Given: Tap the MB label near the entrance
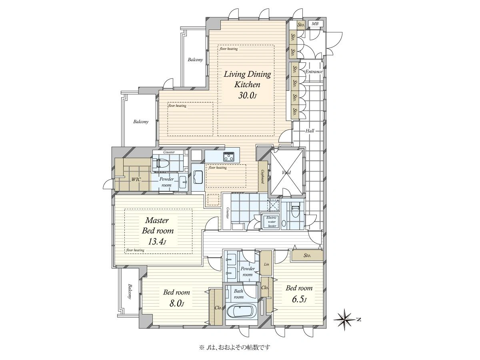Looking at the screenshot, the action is point(315,24).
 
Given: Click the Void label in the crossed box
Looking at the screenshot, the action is point(286,172).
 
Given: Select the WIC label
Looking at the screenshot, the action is point(136,180).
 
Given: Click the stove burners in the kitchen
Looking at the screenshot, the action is point(229,156).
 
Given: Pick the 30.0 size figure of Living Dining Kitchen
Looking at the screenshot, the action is point(247,96).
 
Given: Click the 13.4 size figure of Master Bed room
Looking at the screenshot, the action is point(157,241).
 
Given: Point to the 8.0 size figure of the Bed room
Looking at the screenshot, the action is point(176,303).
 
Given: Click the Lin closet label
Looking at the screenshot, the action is point(266,264).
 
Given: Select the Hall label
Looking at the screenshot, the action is point(310,131).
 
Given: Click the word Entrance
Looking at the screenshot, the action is point(314,72).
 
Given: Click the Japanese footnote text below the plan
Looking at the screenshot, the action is point(234,347).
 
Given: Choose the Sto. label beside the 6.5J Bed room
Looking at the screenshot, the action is point(307,256).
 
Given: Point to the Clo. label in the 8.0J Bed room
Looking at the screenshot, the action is point(218,308).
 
